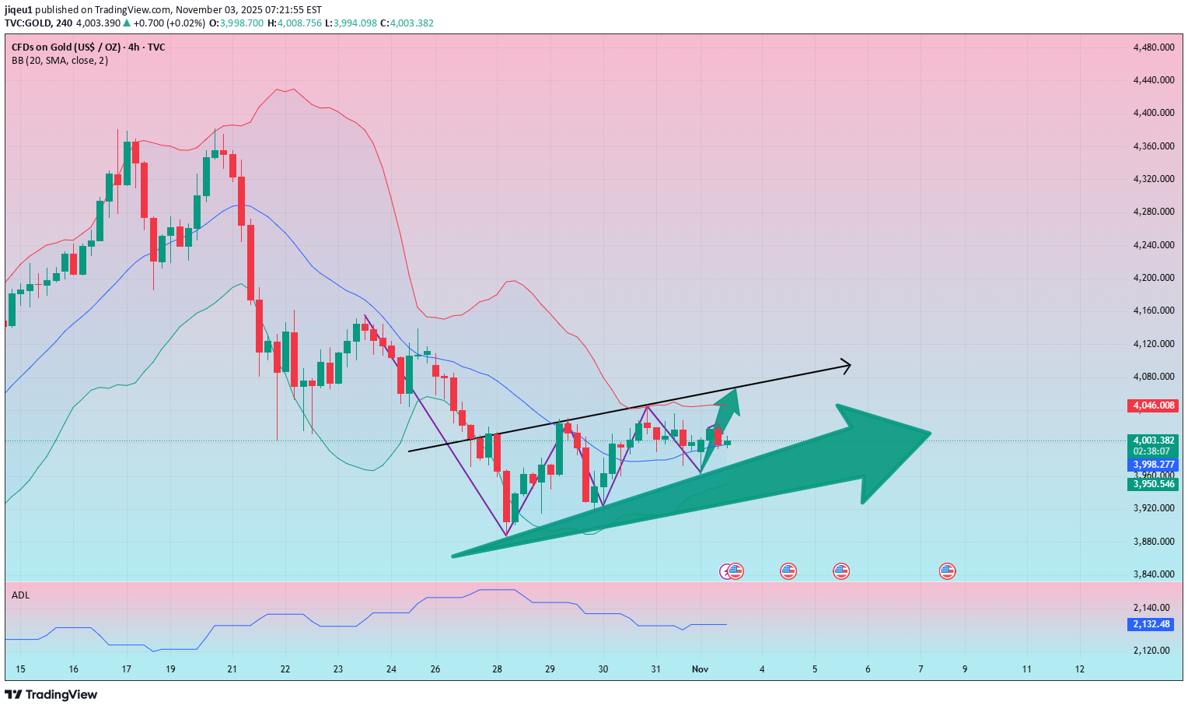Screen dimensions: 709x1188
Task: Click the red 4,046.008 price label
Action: (x=1152, y=405)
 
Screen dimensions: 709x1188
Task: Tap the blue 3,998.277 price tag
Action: (x=1152, y=464)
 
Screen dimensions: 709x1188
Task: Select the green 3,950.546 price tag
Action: (x=1152, y=484)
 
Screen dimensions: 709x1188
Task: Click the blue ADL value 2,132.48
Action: (x=1151, y=624)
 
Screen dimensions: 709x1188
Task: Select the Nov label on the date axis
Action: (x=700, y=669)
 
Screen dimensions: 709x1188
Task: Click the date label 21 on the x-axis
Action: (x=232, y=669)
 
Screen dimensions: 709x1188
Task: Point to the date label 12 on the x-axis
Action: (x=1079, y=669)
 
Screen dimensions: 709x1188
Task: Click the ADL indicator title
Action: (x=21, y=595)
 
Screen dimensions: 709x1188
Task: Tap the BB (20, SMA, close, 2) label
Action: (x=60, y=61)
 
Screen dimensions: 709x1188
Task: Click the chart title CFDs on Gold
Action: (x=88, y=47)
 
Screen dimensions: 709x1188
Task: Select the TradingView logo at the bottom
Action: (x=51, y=694)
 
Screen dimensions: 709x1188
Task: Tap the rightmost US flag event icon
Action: (x=947, y=571)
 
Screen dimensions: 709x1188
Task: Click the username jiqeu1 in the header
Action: (x=19, y=10)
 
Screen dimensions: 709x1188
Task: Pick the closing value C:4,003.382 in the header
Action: (x=406, y=23)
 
